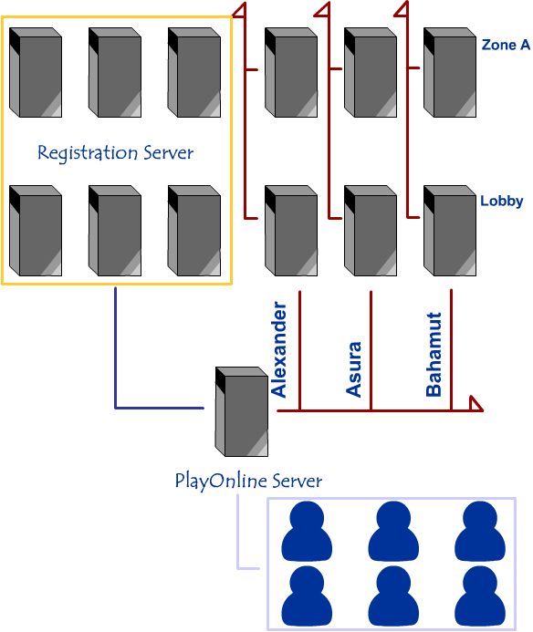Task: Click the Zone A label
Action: pos(506,45)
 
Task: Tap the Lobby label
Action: pos(502,201)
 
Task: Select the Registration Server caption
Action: pos(115,153)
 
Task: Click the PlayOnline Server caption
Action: pos(248,481)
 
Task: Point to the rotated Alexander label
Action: pos(278,349)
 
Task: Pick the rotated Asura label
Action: pos(354,369)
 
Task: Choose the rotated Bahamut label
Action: pos(434,355)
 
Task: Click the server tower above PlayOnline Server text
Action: pos(242,411)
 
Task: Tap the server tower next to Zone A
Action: pos(450,73)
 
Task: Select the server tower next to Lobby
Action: pos(450,231)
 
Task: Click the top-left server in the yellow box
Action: pos(36,73)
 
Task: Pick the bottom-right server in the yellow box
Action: pos(194,231)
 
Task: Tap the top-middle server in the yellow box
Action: pos(115,73)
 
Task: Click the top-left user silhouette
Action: pos(307,532)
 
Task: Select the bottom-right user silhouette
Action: pos(480,596)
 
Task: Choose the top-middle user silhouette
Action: pos(393,532)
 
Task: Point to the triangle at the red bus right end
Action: pos(476,404)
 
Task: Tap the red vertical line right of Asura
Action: pos(371,351)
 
